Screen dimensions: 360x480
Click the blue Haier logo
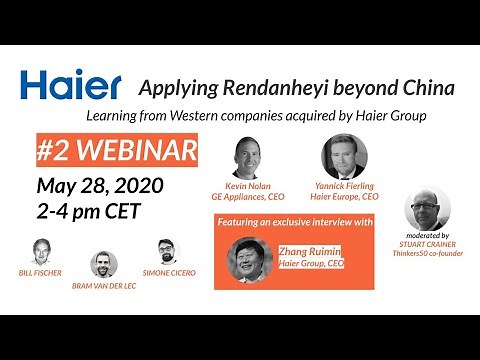pyautogui.click(x=70, y=86)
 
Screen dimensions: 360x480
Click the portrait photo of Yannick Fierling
pyautogui.click(x=344, y=156)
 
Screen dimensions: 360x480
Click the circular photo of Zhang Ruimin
pyautogui.click(x=249, y=260)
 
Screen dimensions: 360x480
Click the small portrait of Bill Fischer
pyautogui.click(x=41, y=251)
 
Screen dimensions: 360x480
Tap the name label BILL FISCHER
pyautogui.click(x=41, y=273)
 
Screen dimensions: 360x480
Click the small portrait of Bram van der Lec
pyautogui.click(x=104, y=264)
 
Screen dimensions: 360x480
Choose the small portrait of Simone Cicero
pyautogui.click(x=166, y=251)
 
